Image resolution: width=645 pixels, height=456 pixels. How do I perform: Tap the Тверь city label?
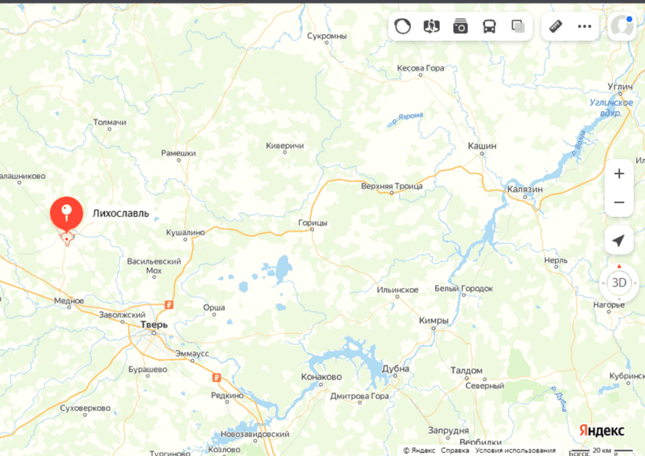[154, 325]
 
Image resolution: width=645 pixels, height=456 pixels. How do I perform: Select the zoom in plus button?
[618, 174]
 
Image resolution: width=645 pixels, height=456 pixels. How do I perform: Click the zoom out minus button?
[618, 203]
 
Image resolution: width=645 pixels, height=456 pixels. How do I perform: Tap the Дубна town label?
[396, 369]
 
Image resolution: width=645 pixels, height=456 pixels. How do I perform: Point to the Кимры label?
[434, 320]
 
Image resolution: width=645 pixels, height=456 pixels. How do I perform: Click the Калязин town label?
[525, 189]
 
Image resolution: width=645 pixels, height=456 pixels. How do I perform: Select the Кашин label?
[482, 146]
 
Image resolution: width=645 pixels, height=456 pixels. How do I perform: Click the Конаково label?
[321, 377]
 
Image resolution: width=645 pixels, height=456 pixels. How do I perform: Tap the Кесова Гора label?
[421, 68]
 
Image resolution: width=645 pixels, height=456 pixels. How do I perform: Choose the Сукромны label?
[327, 35]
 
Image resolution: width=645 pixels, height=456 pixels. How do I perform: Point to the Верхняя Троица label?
[392, 186]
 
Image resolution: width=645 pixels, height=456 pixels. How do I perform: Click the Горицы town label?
[312, 223]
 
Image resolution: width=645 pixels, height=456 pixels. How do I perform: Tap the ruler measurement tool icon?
[556, 27]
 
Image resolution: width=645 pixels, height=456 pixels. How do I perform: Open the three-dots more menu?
[584, 27]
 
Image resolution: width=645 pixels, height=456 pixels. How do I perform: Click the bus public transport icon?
[489, 27]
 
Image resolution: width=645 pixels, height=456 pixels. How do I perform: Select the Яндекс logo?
[602, 430]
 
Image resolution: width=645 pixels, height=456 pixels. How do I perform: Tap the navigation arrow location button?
[618, 240]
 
